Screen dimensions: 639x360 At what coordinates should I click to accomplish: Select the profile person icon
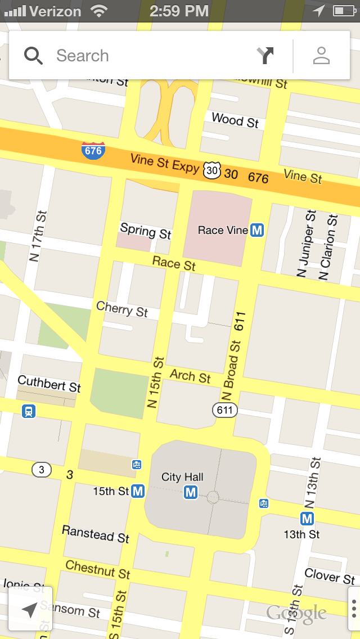pyautogui.click(x=321, y=56)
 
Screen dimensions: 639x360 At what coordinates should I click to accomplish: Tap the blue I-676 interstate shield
pyautogui.click(x=93, y=151)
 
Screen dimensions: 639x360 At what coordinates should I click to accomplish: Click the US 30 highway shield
pyautogui.click(x=212, y=169)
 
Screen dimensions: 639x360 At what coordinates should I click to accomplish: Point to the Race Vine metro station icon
pyautogui.click(x=258, y=230)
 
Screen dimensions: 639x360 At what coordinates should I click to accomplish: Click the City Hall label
pyautogui.click(x=182, y=477)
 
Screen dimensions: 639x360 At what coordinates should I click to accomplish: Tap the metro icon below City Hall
pyautogui.click(x=191, y=493)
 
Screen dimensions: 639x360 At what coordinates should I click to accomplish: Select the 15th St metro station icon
pyautogui.click(x=138, y=491)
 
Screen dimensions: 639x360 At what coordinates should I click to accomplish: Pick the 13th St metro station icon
pyautogui.click(x=307, y=518)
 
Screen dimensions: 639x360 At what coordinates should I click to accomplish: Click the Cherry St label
pyautogui.click(x=122, y=309)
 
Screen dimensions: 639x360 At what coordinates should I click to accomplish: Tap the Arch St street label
pyautogui.click(x=190, y=376)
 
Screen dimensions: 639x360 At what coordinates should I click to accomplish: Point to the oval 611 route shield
pyautogui.click(x=224, y=410)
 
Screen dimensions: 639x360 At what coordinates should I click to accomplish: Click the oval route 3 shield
pyautogui.click(x=41, y=469)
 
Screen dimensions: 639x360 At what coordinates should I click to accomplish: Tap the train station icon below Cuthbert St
pyautogui.click(x=29, y=411)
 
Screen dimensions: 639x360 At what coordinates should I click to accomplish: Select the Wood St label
pyautogui.click(x=235, y=120)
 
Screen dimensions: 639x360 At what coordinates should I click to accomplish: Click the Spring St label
pyautogui.click(x=146, y=231)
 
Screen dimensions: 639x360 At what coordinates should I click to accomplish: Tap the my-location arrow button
pyautogui.click(x=30, y=609)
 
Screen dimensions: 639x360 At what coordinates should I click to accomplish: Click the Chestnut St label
pyautogui.click(x=98, y=569)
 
